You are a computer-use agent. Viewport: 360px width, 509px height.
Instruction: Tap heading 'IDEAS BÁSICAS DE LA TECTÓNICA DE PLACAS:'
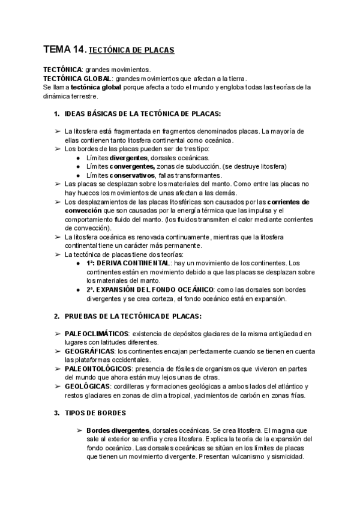pyautogui.click(x=142, y=114)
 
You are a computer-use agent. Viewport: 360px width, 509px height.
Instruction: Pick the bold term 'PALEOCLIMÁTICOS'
pyautogui.click(x=97, y=333)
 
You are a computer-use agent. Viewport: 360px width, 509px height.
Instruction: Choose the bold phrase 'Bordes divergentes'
pyautogui.click(x=118, y=430)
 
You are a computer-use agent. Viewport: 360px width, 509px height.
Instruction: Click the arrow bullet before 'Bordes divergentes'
pyautogui.click(x=79, y=430)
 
